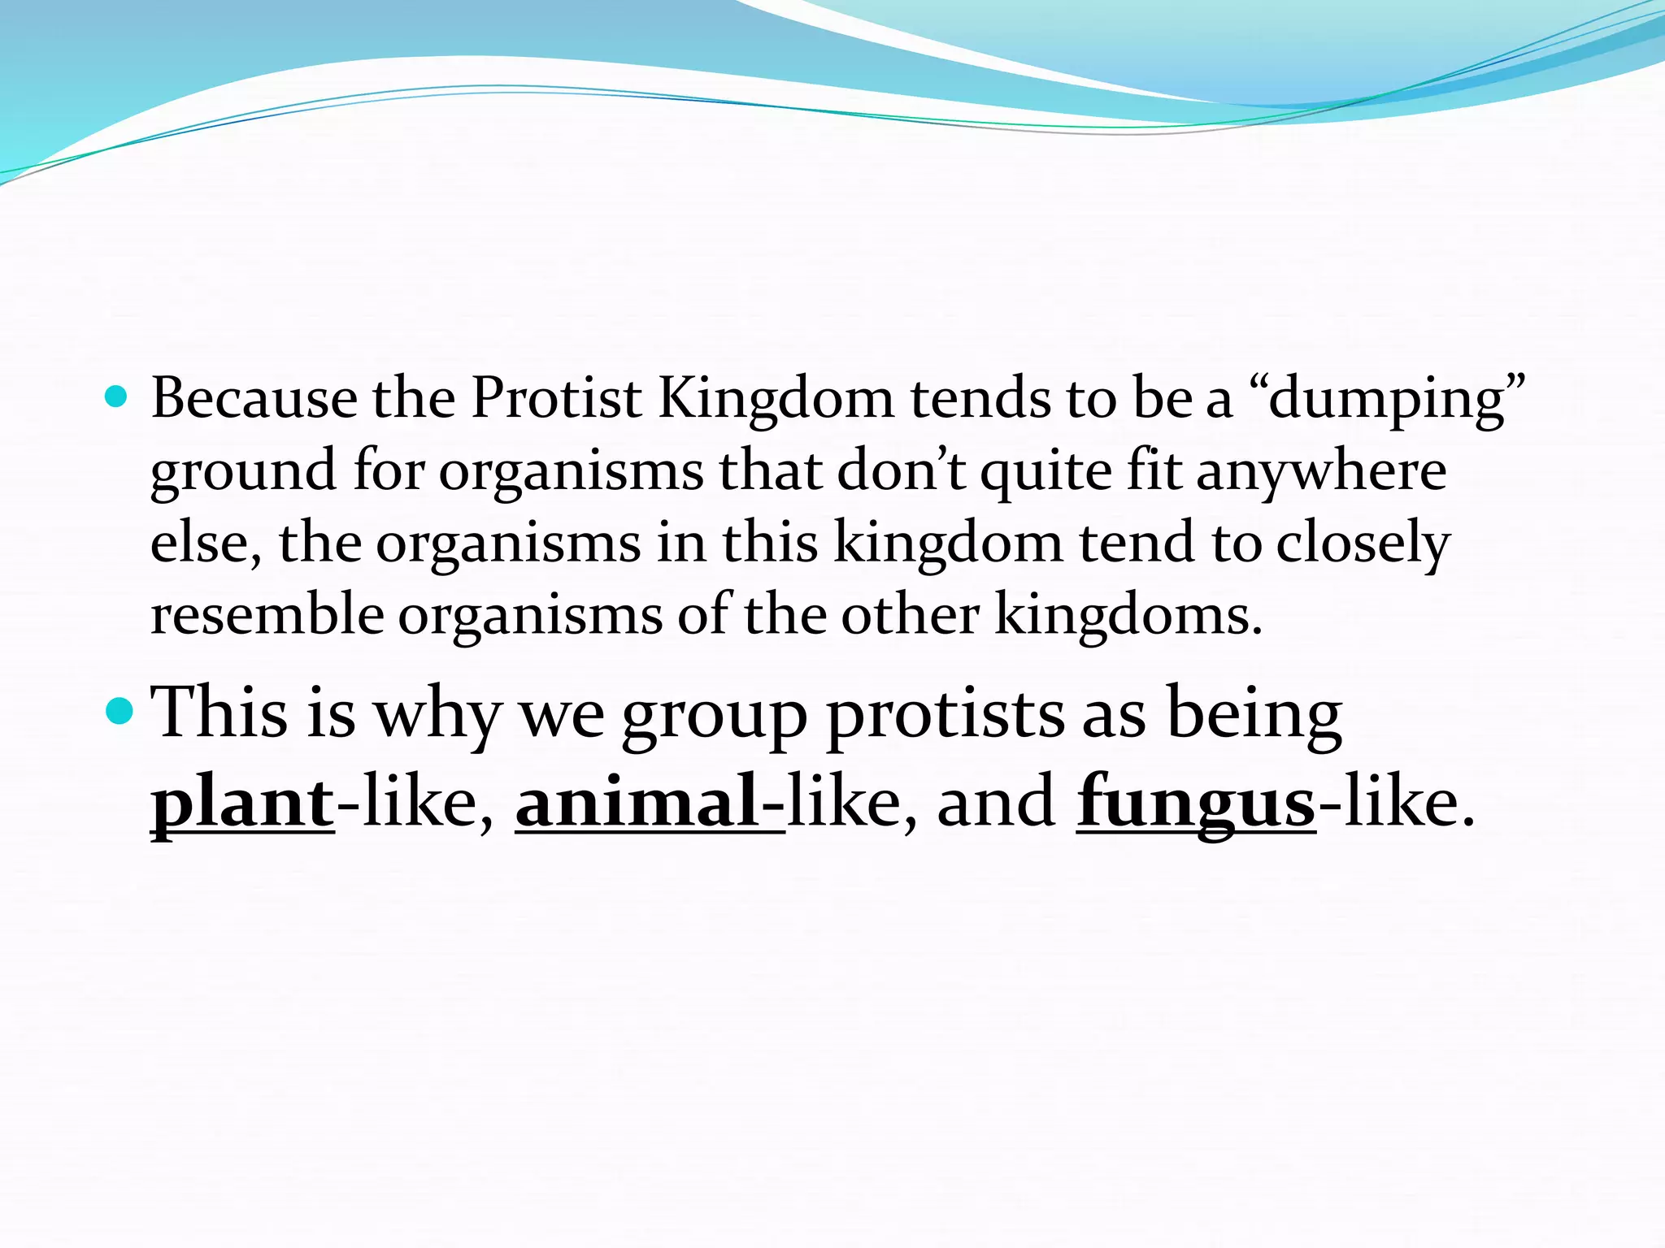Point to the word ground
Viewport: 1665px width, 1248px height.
click(243, 473)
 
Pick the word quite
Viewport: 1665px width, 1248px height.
click(1046, 471)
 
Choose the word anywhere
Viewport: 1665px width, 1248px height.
click(1321, 473)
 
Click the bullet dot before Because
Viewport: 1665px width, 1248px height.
click(117, 396)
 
